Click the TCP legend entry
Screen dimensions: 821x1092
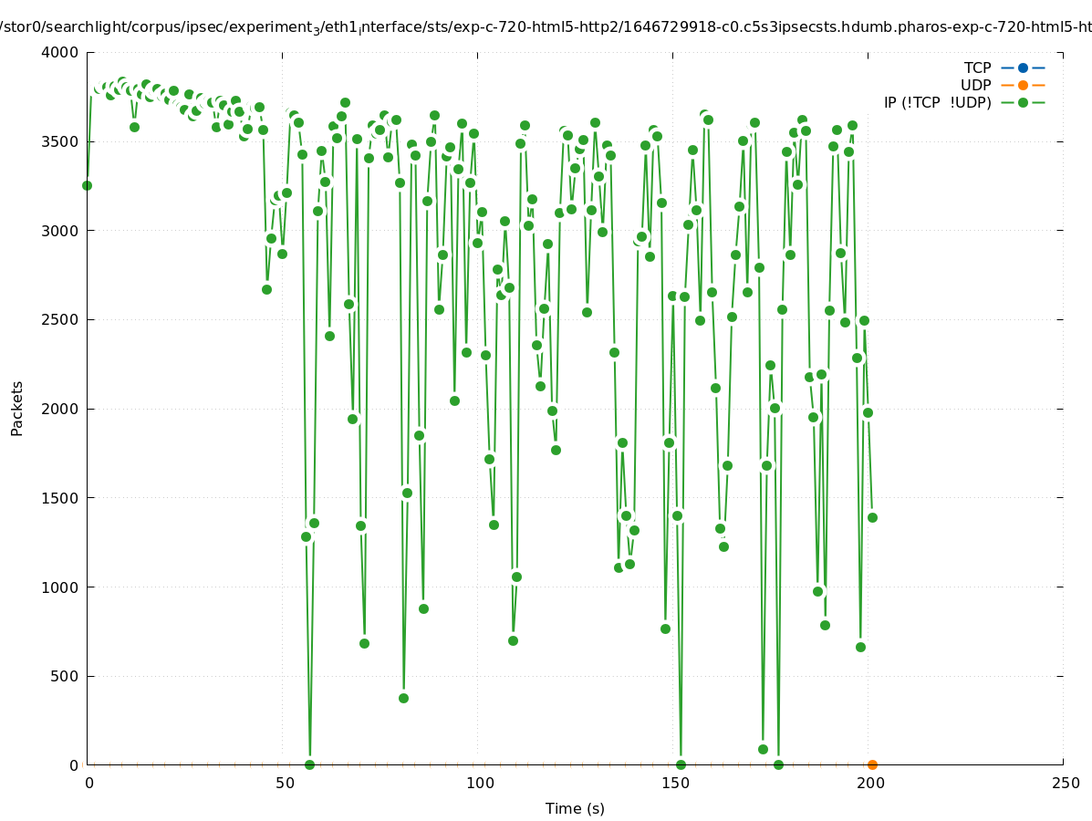point(977,68)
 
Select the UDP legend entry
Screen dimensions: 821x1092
point(975,85)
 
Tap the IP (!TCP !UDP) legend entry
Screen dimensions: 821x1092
point(937,102)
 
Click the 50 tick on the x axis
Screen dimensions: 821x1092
point(284,784)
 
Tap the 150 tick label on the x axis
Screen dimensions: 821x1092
point(673,784)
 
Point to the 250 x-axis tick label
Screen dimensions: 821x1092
point(1064,784)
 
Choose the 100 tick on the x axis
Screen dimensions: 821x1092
point(478,784)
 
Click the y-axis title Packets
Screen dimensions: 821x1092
point(17,409)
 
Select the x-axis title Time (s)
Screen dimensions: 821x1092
point(575,809)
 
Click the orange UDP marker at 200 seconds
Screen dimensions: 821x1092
point(872,764)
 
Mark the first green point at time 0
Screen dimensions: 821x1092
point(87,185)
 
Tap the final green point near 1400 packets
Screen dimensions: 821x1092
point(872,517)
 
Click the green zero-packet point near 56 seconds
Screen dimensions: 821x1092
point(309,764)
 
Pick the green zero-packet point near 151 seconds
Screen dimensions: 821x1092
point(681,764)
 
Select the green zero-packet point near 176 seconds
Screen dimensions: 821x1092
point(778,764)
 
